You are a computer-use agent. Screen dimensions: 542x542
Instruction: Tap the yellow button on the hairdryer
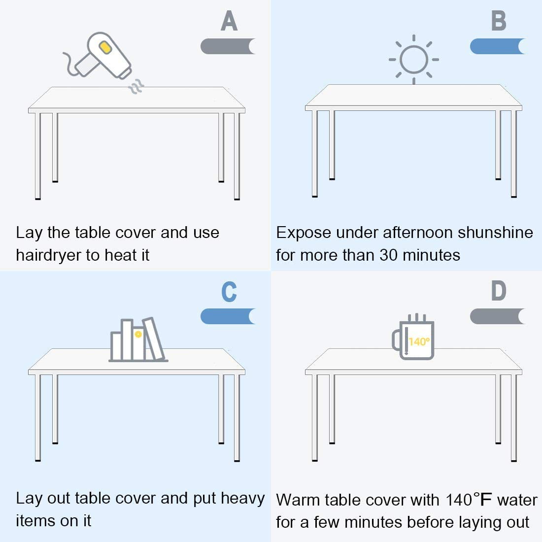pyautogui.click(x=105, y=47)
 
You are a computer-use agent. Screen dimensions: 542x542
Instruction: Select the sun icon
pyautogui.click(x=413, y=60)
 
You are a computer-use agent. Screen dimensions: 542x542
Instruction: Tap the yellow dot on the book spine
pyautogui.click(x=138, y=334)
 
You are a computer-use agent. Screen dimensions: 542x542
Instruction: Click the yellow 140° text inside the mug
pyautogui.click(x=419, y=341)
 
